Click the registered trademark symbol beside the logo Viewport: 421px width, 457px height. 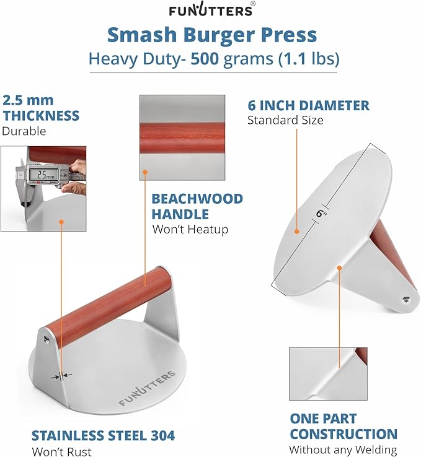pyautogui.click(x=250, y=4)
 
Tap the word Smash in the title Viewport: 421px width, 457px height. pyautogui.click(x=139, y=35)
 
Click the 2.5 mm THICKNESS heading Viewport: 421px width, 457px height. pyautogui.click(x=41, y=108)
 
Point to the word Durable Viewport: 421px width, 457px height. pyautogui.click(x=24, y=131)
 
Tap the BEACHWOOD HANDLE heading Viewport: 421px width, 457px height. pyautogui.click(x=197, y=207)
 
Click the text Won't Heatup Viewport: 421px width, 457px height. pyautogui.click(x=190, y=229)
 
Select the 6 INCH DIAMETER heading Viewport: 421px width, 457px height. pyautogui.click(x=308, y=105)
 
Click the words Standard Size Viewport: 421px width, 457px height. pyautogui.click(x=285, y=120)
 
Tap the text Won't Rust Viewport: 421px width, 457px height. pyautogui.click(x=61, y=451)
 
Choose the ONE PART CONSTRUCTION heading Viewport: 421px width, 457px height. pyautogui.click(x=343, y=425)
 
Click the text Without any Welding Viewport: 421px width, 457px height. pyautogui.click(x=343, y=450)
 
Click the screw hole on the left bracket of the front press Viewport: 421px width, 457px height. pyautogui.click(x=46, y=337)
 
